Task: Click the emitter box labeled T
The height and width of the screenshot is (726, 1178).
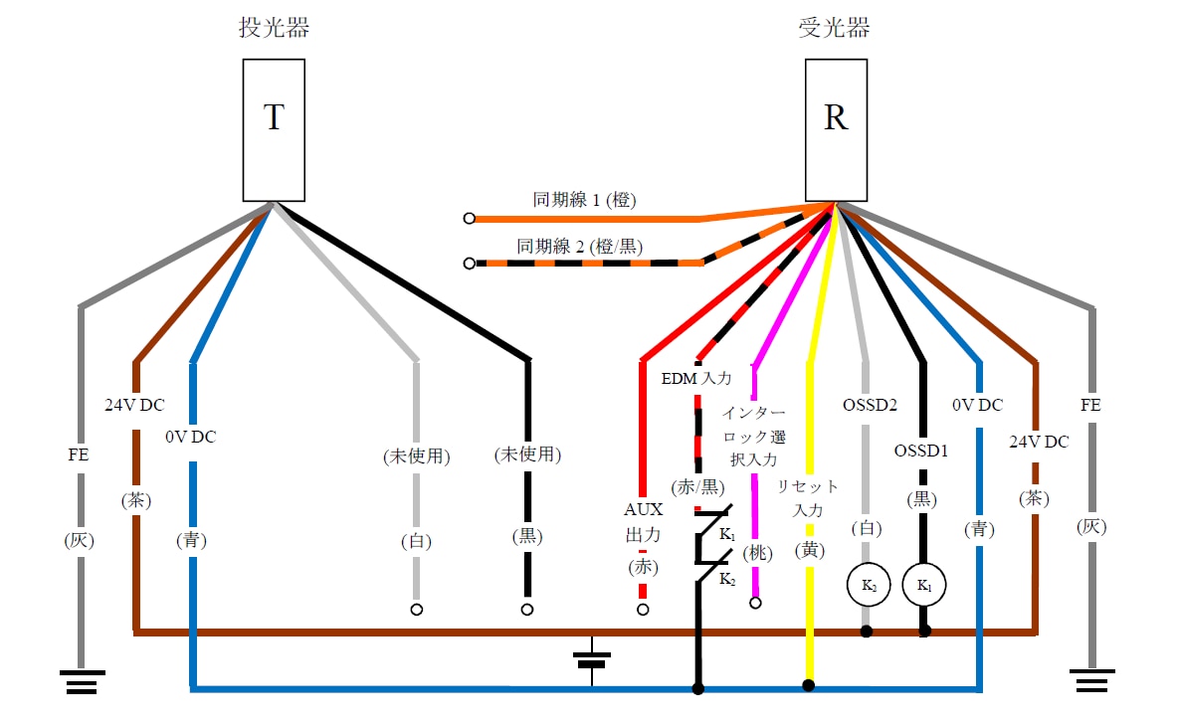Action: click(274, 129)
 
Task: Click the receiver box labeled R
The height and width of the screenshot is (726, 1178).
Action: click(836, 129)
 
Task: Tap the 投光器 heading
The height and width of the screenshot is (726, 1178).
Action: click(274, 28)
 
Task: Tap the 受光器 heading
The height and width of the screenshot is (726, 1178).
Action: click(835, 28)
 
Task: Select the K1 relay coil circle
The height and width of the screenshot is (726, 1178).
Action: click(924, 587)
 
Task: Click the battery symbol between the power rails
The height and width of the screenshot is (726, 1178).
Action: click(592, 659)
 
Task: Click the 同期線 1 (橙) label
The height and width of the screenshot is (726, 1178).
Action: click(584, 200)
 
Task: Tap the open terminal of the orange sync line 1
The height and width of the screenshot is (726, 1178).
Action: click(469, 218)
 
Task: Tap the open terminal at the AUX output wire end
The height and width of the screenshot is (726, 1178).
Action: click(643, 609)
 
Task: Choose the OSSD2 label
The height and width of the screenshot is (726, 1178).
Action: click(870, 405)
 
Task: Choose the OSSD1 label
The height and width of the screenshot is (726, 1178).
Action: click(922, 450)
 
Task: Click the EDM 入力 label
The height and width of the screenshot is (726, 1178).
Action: click(696, 378)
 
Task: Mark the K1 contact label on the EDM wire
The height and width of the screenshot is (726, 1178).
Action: click(727, 535)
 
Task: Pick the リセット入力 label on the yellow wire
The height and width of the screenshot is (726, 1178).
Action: click(808, 497)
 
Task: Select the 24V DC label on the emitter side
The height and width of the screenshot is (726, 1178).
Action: click(134, 405)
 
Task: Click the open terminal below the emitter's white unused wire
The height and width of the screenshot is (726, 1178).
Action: click(417, 609)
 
